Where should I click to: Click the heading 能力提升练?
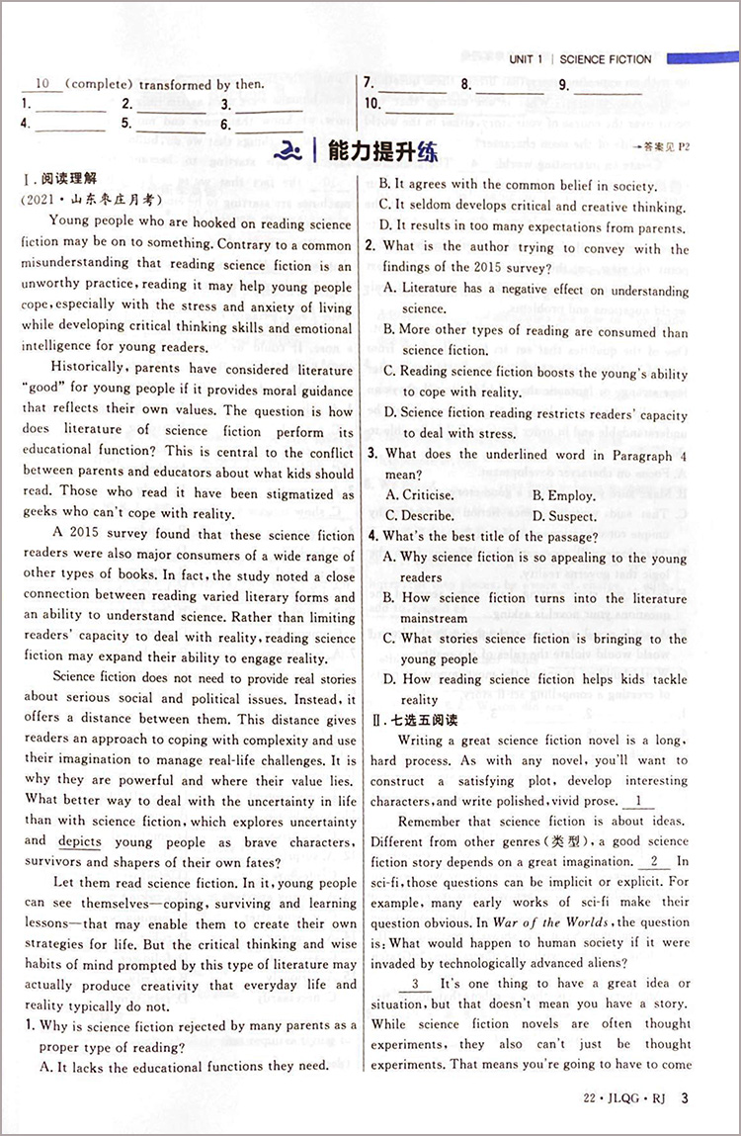pyautogui.click(x=377, y=151)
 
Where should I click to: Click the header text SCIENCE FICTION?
pyautogui.click(x=606, y=59)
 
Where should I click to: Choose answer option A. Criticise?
pyautogui.click(x=419, y=495)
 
